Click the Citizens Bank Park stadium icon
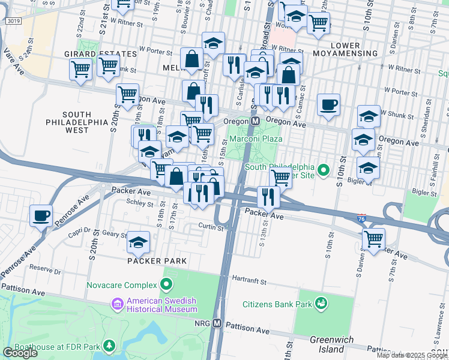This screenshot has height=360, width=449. click(x=321, y=304)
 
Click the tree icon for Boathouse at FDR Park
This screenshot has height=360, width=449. click(x=109, y=346)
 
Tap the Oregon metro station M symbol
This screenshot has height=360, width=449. click(x=255, y=121)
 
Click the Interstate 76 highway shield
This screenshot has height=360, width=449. click(x=361, y=218)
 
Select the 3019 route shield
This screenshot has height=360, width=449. click(x=13, y=21)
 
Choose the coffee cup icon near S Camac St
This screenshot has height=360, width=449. click(x=328, y=104)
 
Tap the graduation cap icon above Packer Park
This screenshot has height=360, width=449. click(x=139, y=241)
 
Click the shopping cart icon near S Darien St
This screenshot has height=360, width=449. click(x=373, y=239)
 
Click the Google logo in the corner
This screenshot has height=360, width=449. click(x=20, y=353)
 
